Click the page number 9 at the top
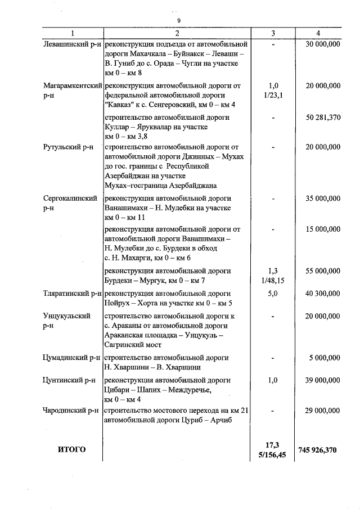pos(178,20)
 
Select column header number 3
pos(273,33)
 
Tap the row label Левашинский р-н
pos(71,44)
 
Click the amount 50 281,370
pos(323,118)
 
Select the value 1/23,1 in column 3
pos(273,95)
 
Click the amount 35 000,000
pos(323,199)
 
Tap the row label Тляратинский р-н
pos(71,294)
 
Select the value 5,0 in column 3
pos(273,294)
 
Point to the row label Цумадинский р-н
pos(71,357)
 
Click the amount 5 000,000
pos(325,357)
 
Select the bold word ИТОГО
pos(71,449)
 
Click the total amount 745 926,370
pos(318,450)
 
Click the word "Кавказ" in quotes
pos(120,105)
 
